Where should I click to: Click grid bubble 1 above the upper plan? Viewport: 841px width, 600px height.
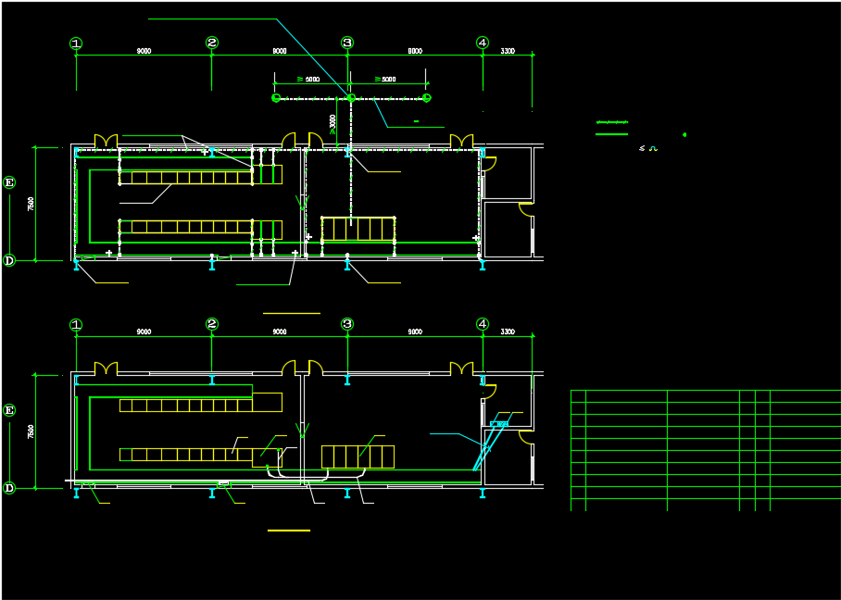pyautogui.click(x=76, y=43)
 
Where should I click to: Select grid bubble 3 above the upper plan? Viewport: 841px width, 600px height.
pyautogui.click(x=347, y=43)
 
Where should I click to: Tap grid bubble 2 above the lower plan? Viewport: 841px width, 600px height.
pyautogui.click(x=212, y=324)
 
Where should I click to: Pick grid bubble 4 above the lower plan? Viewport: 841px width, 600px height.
pyautogui.click(x=483, y=324)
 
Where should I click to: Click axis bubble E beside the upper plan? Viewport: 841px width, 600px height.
pyautogui.click(x=9, y=182)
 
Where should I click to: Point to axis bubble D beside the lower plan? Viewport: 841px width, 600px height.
pyautogui.click(x=9, y=488)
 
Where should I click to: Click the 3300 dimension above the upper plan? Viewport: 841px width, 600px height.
pyautogui.click(x=508, y=51)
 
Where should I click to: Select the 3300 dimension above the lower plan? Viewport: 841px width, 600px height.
pyautogui.click(x=508, y=331)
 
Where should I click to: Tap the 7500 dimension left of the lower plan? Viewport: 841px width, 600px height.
pyautogui.click(x=31, y=431)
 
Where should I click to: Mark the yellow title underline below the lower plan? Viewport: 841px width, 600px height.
pyautogui.click(x=289, y=531)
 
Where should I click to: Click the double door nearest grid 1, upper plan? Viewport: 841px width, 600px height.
pyautogui.click(x=106, y=141)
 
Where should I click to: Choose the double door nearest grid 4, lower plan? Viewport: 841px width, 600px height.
pyautogui.click(x=461, y=369)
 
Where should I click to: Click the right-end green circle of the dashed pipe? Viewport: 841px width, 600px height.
pyautogui.click(x=427, y=97)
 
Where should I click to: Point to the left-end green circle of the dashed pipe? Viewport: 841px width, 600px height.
pyautogui.click(x=276, y=97)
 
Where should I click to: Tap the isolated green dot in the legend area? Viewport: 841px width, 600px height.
pyautogui.click(x=684, y=135)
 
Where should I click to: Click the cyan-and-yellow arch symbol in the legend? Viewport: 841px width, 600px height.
pyautogui.click(x=652, y=148)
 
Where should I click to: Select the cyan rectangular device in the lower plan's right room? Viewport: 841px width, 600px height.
pyautogui.click(x=499, y=423)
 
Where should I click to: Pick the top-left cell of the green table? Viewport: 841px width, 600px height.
pyautogui.click(x=578, y=396)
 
